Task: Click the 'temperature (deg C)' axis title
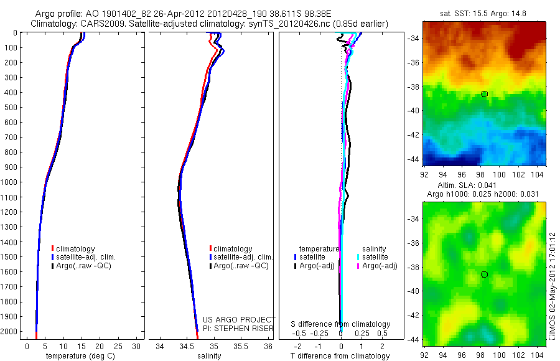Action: tap(78, 356)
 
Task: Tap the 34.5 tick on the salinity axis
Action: tap(187, 345)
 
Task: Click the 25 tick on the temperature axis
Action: tap(118, 345)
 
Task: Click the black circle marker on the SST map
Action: tap(484, 94)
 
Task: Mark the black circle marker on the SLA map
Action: tap(484, 274)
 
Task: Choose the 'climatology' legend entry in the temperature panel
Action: tap(76, 249)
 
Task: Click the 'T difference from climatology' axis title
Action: tap(340, 356)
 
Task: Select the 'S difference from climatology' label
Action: tap(341, 324)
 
